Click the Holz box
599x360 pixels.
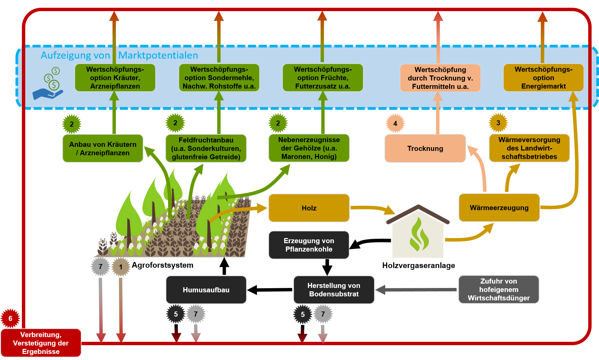pos(309,208)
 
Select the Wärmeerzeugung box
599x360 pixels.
pos(499,207)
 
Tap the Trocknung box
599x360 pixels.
pos(425,148)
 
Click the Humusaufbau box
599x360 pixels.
pos(206,290)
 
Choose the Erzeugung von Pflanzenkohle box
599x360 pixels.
pos(309,245)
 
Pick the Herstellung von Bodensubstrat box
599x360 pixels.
pos(334,290)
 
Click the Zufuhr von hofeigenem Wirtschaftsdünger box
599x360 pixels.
pos(499,289)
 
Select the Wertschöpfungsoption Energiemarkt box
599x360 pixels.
pos(543,78)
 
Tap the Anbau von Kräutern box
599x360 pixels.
pos(103,148)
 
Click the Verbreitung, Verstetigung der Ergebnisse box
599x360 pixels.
pos(41,343)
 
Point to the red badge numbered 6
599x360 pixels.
pos(10,318)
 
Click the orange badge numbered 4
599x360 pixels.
pos(395,124)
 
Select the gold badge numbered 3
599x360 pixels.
pos(498,123)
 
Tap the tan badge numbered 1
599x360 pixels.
pos(121,267)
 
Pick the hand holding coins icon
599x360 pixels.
pos(48,83)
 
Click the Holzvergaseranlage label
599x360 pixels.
pos(419,265)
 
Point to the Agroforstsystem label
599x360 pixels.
pos(163,265)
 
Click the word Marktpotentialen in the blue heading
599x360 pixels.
pos(158,55)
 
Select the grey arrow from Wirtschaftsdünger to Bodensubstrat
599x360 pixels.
pos(416,290)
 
